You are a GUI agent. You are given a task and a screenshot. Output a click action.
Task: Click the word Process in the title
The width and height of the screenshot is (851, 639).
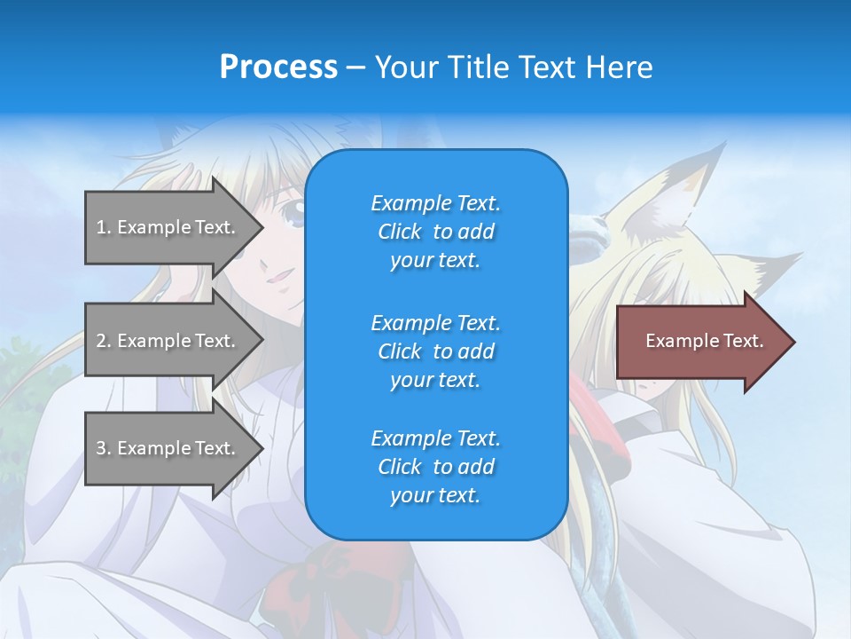pos(278,67)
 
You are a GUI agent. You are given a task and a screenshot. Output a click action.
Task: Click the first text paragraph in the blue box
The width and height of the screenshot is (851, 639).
pos(435,232)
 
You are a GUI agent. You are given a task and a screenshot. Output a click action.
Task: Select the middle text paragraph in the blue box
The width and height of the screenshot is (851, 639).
pos(435,351)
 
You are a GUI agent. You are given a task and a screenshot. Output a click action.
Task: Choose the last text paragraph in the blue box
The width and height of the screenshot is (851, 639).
pos(435,467)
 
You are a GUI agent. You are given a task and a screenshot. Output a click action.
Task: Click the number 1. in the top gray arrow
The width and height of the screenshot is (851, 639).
pos(104,227)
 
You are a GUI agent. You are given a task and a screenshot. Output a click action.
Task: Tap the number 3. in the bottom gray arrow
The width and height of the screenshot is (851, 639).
pos(104,448)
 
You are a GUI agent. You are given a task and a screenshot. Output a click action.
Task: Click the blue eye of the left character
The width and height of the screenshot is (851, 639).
pos(293,212)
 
